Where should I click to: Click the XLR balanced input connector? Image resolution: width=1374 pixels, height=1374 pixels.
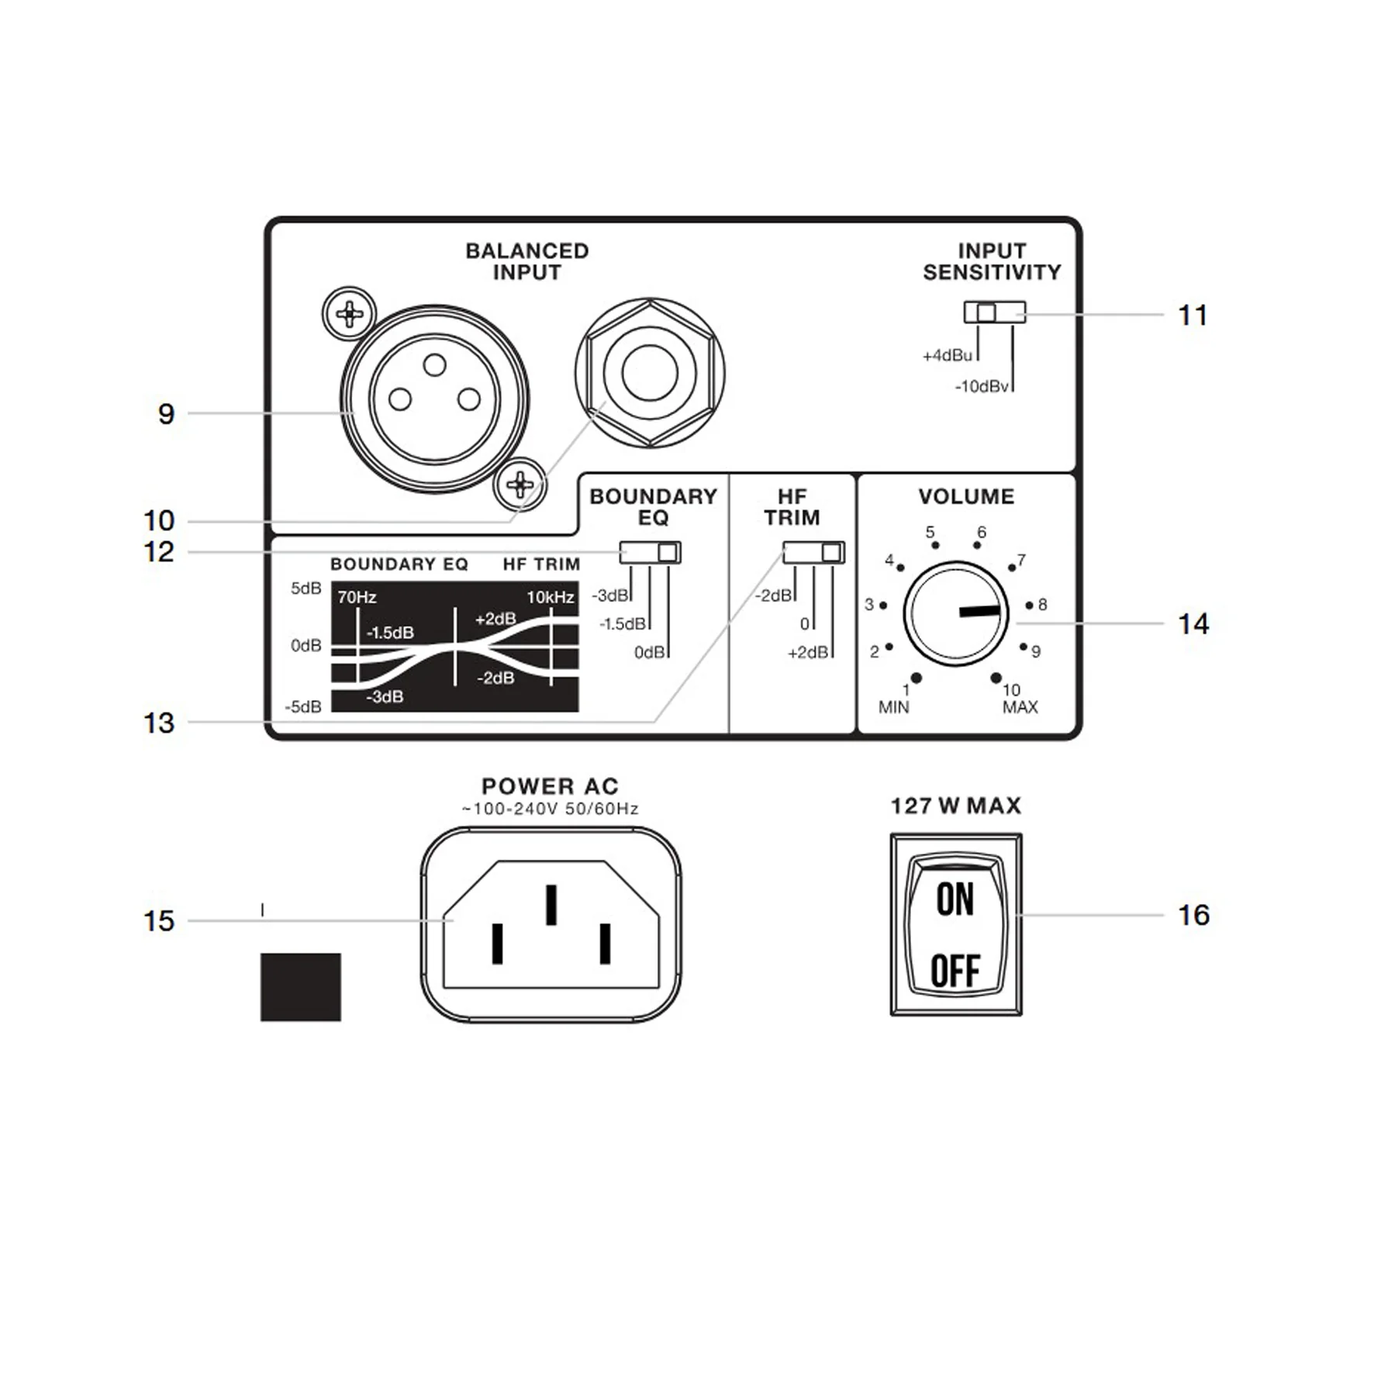tap(434, 399)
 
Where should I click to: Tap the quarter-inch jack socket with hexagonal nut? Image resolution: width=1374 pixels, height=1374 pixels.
tap(650, 372)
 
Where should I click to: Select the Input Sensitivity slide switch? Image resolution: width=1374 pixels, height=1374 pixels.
tap(995, 312)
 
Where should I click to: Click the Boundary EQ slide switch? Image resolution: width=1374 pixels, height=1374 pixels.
tap(650, 552)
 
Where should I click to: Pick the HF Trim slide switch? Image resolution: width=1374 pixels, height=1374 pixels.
tap(813, 552)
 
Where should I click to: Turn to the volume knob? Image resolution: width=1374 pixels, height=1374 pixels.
tap(956, 613)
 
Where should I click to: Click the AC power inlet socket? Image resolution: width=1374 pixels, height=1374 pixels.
tap(551, 924)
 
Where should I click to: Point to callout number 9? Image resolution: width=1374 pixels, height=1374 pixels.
tap(166, 414)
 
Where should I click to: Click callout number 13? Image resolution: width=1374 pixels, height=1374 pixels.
tap(159, 723)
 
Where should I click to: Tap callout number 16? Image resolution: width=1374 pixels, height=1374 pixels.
tap(1194, 915)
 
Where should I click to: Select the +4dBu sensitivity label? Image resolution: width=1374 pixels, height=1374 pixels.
tap(947, 355)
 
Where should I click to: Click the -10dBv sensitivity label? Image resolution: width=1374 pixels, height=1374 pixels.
tap(982, 386)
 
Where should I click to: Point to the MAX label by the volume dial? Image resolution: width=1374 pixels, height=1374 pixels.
tap(1020, 707)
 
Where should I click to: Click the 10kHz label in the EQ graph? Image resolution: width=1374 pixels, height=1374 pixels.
tap(551, 597)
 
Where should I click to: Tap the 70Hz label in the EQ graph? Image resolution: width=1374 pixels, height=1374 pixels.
tap(357, 597)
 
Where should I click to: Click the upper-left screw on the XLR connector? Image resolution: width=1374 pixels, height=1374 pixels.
tap(350, 314)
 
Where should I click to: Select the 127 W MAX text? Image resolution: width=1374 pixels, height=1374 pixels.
tap(956, 806)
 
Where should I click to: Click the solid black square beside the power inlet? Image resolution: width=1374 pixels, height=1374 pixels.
tap(301, 987)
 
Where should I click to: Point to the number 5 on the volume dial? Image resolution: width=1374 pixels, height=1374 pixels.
tap(930, 532)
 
